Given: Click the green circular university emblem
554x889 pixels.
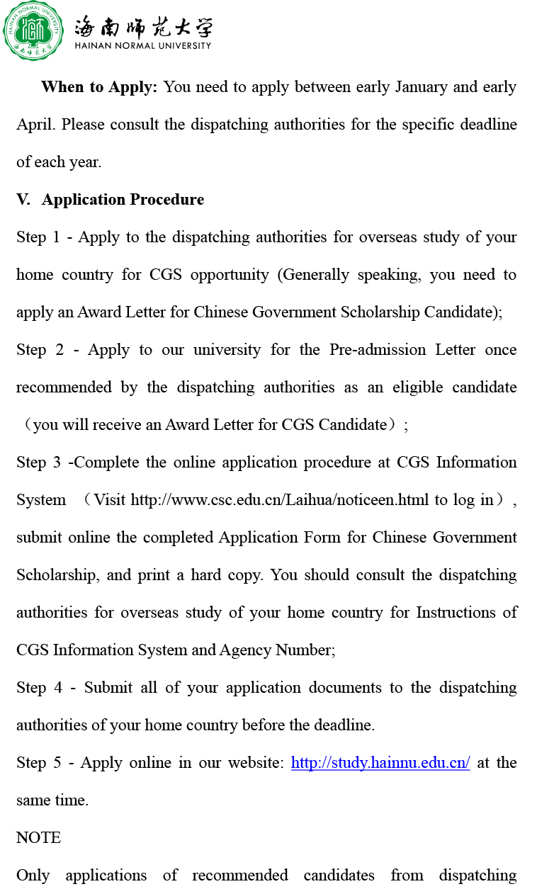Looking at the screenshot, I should coord(33,31).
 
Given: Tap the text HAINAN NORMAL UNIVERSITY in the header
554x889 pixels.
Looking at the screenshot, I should coord(143,46).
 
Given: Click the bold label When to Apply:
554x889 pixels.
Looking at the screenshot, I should coord(99,87).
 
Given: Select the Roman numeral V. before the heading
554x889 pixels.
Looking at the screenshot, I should coord(23,200).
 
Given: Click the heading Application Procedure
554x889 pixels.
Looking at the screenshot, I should coord(123,200).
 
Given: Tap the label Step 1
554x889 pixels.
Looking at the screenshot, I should coord(38,237).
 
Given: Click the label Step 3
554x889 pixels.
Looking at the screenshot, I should coord(38,463).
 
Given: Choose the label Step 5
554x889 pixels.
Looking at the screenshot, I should coord(38,763).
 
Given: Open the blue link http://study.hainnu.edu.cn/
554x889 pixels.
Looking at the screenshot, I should coord(380,763).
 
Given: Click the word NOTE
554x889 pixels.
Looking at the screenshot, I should coord(38,838).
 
